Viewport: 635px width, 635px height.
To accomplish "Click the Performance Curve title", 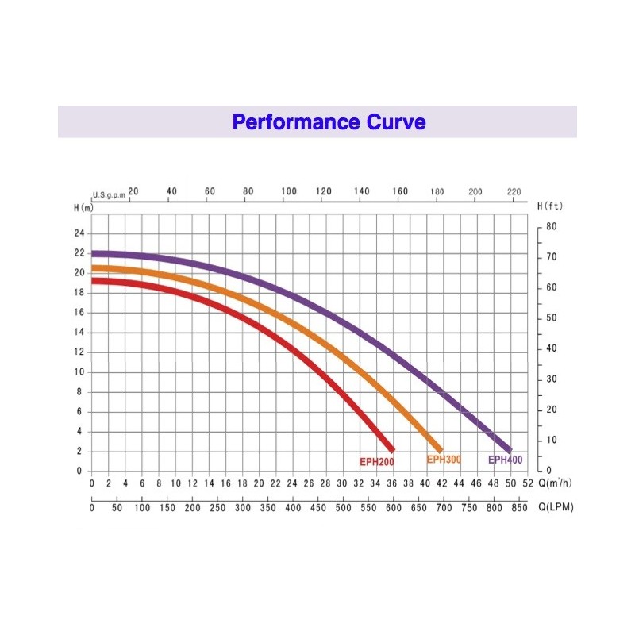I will click(x=329, y=122).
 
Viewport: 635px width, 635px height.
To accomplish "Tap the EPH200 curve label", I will click(x=376, y=462).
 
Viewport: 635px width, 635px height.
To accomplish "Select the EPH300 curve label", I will click(x=444, y=460).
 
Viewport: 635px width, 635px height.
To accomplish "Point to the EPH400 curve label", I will click(x=505, y=460).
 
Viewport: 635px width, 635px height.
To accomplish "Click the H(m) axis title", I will click(x=84, y=207).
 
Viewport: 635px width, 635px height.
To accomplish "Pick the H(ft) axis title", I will click(x=549, y=206).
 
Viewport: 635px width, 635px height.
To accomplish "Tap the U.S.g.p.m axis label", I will click(x=110, y=194).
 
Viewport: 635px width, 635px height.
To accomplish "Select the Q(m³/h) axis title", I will click(x=555, y=482).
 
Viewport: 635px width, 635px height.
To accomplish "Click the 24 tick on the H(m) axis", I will click(x=79, y=233).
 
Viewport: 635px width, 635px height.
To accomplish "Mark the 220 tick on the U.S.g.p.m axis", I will click(x=514, y=191).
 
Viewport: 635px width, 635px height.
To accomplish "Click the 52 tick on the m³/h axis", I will click(x=526, y=483).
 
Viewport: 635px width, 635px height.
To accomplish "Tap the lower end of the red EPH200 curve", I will click(x=391, y=449).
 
